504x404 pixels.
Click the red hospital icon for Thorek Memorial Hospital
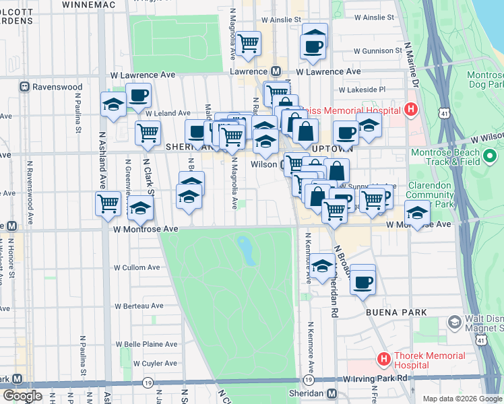coord(384,360)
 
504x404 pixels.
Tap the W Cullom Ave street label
coord(137,267)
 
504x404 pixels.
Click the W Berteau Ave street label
coord(139,305)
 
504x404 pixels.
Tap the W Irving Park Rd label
coord(375,378)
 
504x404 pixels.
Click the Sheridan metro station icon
coord(332,393)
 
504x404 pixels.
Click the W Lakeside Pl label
coord(362,89)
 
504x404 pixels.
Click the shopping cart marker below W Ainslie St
coord(249,44)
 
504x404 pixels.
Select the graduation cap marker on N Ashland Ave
coord(112,104)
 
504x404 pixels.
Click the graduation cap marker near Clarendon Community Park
coord(417,214)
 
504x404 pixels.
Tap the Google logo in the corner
coord(23,396)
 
